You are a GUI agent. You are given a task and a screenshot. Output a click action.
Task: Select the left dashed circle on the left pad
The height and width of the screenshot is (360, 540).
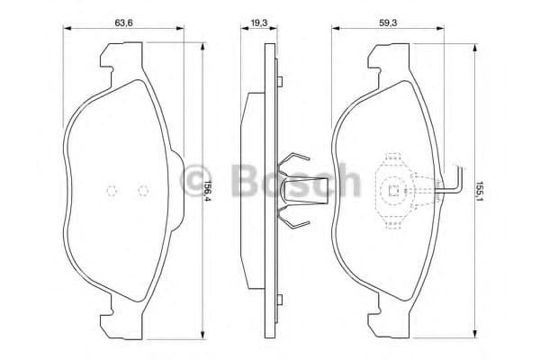[x=112, y=190]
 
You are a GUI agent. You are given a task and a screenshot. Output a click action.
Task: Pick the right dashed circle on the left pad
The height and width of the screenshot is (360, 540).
[x=141, y=190]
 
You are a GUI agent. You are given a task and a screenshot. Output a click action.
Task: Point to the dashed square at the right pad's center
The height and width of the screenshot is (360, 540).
[x=393, y=190]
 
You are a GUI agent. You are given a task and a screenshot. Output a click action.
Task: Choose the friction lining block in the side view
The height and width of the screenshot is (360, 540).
[x=251, y=190]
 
